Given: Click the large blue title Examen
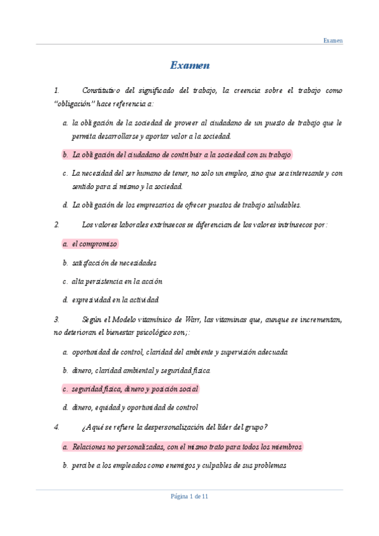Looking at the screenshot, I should point(190,65).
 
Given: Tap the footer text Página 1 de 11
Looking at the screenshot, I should point(190,496).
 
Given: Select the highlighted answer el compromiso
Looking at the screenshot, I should point(94,243).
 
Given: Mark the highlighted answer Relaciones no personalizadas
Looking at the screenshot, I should point(187,446).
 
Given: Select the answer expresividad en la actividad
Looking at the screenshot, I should point(115,300).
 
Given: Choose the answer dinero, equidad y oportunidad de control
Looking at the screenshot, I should point(135,408).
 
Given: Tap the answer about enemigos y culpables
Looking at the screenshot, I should point(179,465).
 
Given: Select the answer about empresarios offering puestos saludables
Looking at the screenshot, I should point(187,205).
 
